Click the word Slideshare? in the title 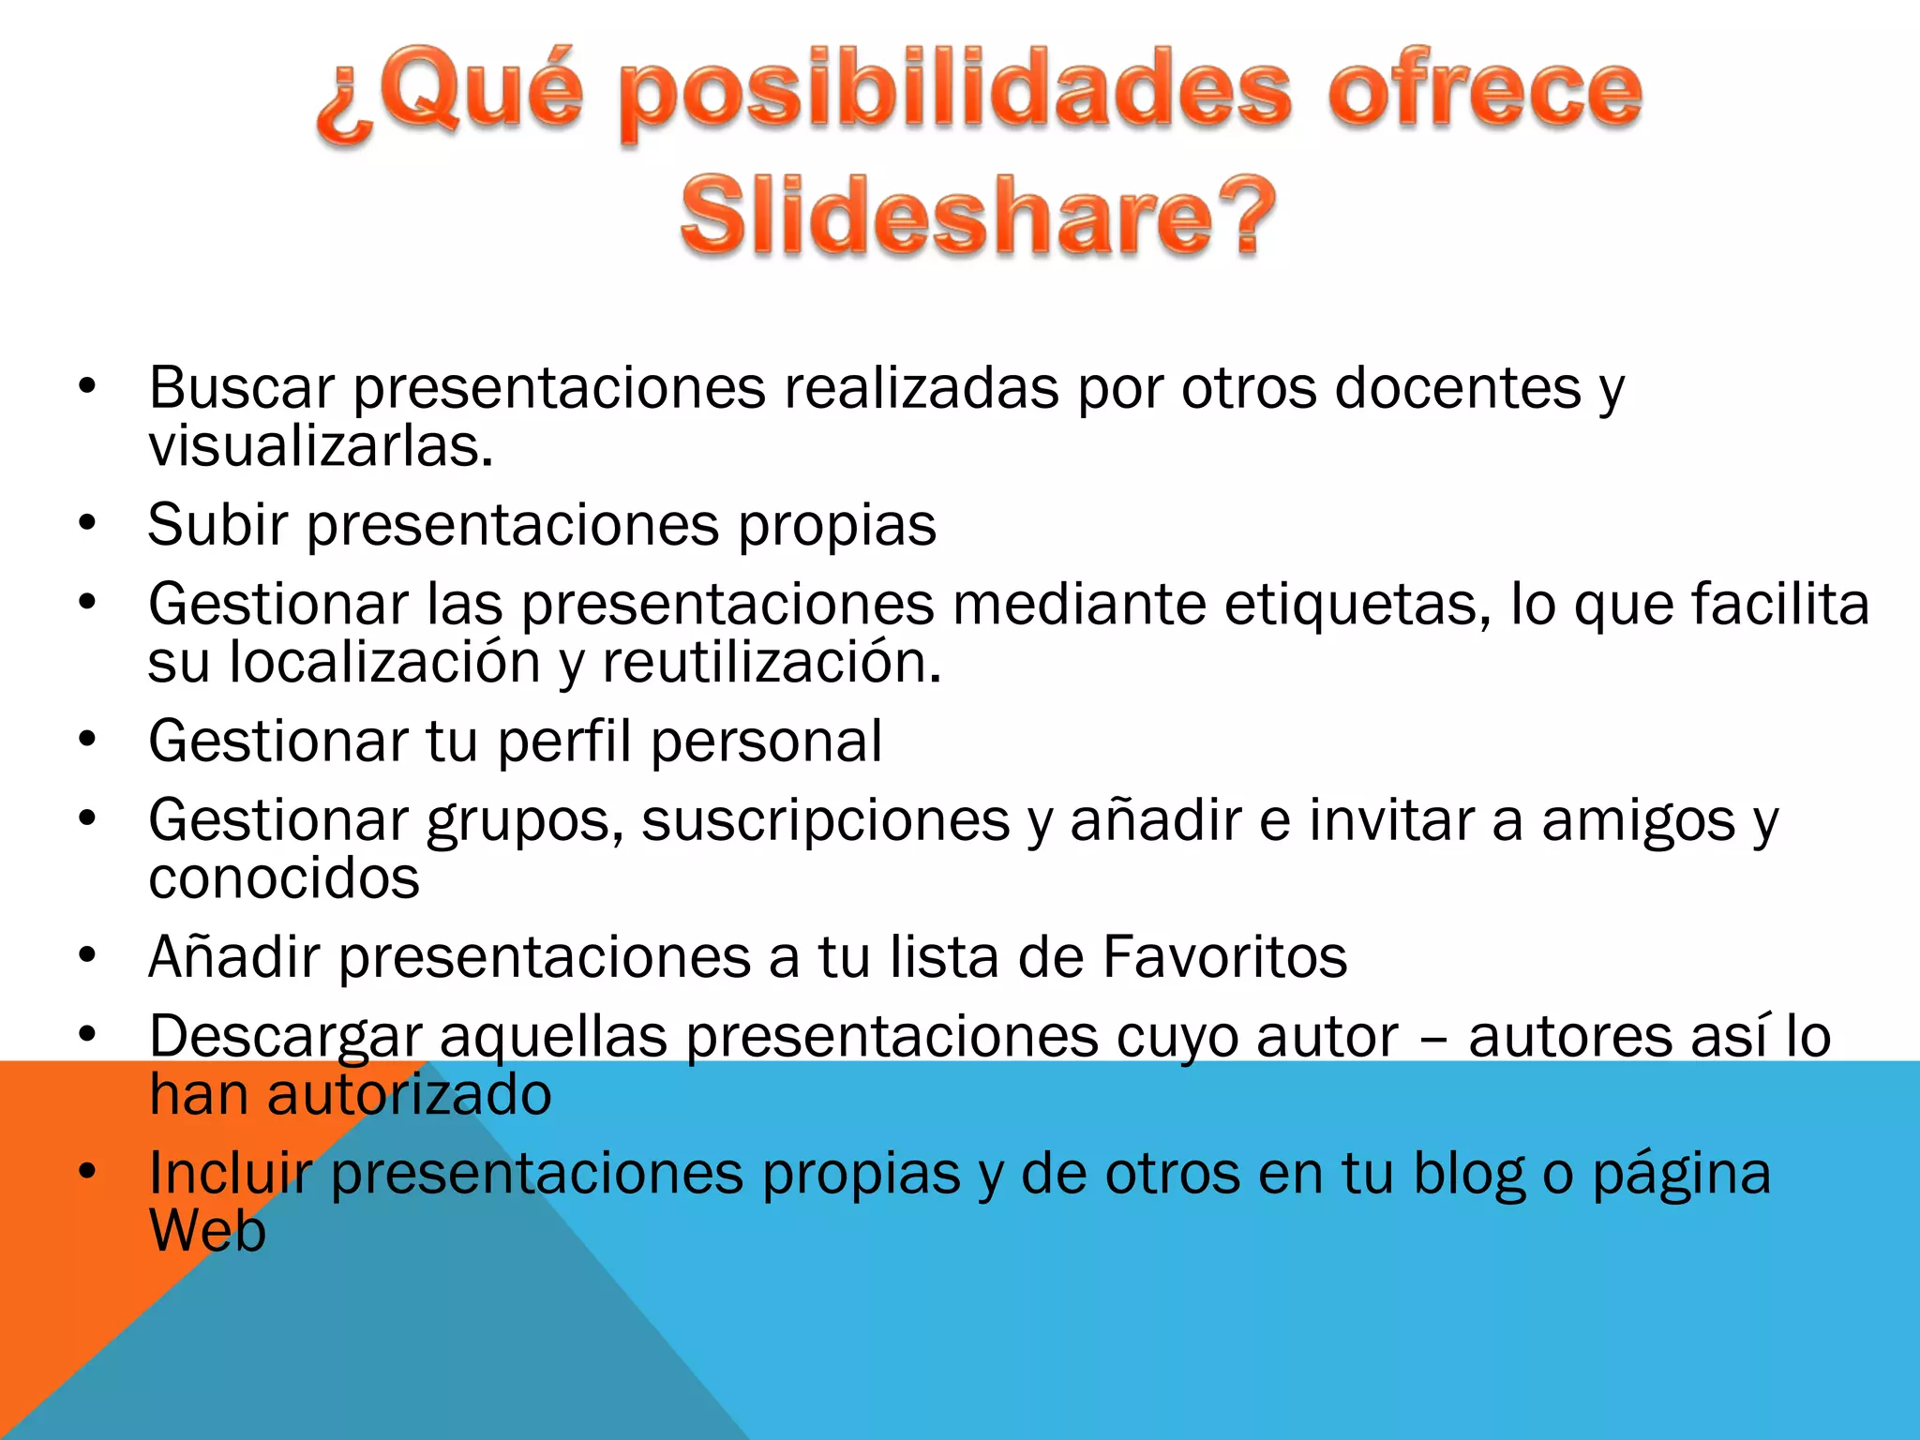pos(977,216)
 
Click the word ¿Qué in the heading pos(450,94)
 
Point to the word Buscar pos(242,387)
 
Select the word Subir pos(217,524)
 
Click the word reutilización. pos(771,663)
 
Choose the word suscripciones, pos(825,821)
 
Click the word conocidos pos(284,879)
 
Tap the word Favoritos pos(1224,957)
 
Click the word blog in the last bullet pos(1469,1174)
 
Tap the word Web pos(208,1231)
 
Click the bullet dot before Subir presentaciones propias pos(88,523)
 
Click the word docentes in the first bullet pos(1458,387)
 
